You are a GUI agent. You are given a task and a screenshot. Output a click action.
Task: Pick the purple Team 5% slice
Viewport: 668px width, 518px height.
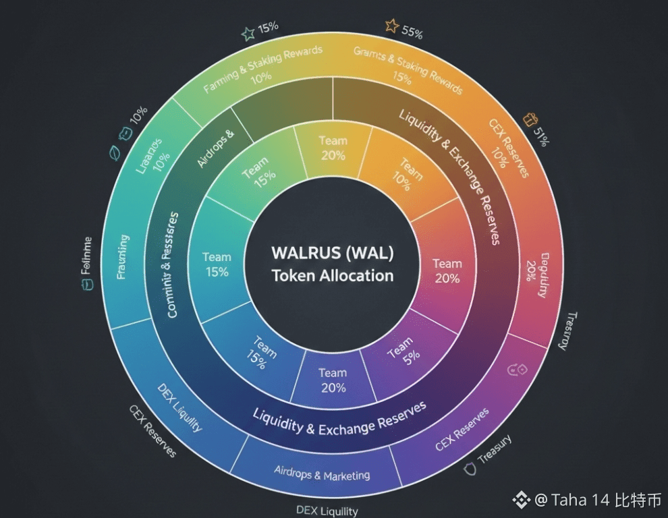point(401,351)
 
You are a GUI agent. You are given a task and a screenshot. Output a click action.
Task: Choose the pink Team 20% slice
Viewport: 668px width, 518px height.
point(446,270)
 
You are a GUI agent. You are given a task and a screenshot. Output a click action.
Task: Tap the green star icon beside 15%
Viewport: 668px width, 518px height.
point(248,32)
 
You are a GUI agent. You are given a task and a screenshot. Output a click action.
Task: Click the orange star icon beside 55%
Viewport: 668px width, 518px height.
point(392,26)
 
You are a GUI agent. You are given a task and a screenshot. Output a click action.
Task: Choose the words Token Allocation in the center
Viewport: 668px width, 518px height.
point(332,275)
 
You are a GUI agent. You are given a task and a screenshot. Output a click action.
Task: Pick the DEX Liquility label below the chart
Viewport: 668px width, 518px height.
point(327,511)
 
